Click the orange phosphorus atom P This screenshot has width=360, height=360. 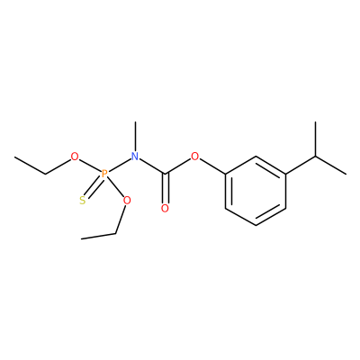pos(104,174)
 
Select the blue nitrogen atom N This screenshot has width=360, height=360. pos(135,157)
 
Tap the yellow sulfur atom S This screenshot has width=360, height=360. pos(83,201)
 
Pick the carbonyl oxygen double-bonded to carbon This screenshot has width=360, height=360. pos(165,208)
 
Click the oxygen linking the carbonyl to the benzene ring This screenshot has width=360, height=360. pos(195,157)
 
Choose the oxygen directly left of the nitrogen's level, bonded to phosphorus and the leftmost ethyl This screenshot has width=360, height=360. pos(75,157)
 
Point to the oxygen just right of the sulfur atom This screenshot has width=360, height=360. pos(127,200)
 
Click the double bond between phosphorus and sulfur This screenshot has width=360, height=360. pos(94,187)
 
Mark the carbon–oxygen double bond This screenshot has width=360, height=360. pos(165,188)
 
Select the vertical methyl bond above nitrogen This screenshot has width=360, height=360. pos(136,137)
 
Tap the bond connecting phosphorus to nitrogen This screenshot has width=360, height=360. pos(120,165)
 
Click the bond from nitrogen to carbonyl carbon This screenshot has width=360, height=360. pos(152,166)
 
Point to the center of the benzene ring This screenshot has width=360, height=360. pos(256,191)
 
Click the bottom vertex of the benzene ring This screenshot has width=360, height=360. pos(256,226)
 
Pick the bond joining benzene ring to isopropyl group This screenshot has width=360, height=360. pos(301,165)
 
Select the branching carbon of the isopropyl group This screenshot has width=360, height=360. pos(316,157)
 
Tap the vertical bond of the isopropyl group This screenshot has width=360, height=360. pos(316,139)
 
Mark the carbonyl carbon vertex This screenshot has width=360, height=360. pos(165,174)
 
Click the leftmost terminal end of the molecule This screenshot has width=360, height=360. pos(15,157)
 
